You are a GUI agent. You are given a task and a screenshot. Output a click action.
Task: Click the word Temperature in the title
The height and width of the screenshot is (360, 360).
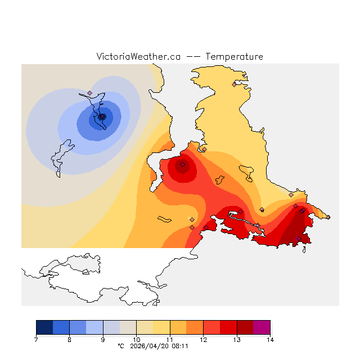click(234, 57)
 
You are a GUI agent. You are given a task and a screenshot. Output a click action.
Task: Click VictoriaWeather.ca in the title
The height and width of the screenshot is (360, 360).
click(138, 57)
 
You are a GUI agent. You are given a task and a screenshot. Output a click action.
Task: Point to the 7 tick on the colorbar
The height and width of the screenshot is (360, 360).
click(36, 340)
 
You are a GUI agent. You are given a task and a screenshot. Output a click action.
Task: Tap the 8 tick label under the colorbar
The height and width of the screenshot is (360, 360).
click(70, 340)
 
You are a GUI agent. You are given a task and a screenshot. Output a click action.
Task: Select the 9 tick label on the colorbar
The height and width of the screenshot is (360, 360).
click(103, 340)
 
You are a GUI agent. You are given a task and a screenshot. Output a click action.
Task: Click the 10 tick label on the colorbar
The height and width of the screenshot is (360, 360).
click(137, 340)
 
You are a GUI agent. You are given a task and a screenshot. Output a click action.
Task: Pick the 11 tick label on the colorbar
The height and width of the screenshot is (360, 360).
click(170, 340)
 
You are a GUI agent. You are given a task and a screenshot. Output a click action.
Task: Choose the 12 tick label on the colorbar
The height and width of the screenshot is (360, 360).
click(203, 340)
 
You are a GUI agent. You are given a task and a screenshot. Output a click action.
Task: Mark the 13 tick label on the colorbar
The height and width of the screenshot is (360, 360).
click(237, 340)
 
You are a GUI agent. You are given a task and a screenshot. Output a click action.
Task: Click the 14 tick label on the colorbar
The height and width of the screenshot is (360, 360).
click(270, 340)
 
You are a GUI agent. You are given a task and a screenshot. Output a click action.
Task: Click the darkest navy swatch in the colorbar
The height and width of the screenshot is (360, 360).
click(44, 327)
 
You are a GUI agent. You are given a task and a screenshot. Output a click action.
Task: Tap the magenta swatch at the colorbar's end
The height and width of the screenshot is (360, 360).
click(262, 327)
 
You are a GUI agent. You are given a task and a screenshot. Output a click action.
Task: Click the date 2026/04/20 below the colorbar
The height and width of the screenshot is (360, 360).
click(147, 346)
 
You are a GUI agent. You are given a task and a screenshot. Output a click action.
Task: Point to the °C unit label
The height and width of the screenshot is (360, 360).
click(120, 346)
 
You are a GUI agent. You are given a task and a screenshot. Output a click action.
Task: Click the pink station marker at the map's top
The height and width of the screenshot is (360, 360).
click(235, 84)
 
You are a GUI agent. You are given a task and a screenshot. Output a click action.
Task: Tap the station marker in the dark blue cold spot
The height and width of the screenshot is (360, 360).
click(102, 116)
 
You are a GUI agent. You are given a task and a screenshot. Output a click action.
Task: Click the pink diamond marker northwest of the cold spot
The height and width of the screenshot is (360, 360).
click(89, 93)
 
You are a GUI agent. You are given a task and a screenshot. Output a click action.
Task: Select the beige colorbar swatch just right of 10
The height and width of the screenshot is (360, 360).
click(145, 327)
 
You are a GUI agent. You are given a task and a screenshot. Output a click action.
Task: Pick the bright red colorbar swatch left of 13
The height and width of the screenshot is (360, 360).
click(228, 327)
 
